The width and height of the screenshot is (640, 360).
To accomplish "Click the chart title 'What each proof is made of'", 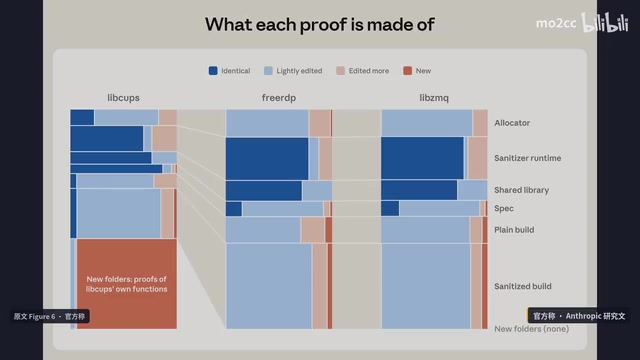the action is point(320,24).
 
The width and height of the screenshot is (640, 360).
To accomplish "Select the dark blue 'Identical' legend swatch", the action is point(213,71).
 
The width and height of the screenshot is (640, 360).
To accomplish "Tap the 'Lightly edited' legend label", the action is point(299,71).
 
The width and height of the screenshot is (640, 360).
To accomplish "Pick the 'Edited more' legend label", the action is point(369,71).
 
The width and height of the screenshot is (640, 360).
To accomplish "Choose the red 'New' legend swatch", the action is point(407,71).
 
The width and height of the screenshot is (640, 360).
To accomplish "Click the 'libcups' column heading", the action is point(123,98).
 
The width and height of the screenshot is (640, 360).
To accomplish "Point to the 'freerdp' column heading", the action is point(279,98).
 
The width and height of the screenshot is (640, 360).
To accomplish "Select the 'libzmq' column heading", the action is point(434,98).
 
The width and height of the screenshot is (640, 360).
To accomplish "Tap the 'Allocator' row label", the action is point(512,123).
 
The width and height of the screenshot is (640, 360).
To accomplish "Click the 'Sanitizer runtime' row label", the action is point(527,158).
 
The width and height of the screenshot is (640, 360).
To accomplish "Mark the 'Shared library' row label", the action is point(521,190).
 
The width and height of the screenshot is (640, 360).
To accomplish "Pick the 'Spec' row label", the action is point(504,208).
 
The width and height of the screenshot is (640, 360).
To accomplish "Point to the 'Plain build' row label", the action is point(514,230).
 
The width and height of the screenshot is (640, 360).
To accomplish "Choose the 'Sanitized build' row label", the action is point(522,286).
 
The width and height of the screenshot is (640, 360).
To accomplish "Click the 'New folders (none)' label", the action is point(531,329).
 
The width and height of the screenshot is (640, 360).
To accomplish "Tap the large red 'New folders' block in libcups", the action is point(127,284).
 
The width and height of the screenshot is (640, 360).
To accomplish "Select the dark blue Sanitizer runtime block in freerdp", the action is point(267,158).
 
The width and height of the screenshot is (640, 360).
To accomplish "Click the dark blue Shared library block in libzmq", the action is point(419,190).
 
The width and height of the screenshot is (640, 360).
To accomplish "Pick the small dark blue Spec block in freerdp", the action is point(233,209).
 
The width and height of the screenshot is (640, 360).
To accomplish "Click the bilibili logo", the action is point(605,22).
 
